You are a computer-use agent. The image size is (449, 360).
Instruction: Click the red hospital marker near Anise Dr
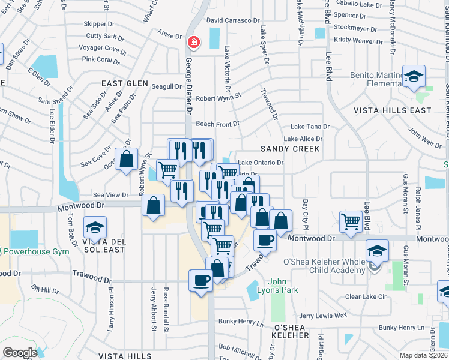tap(194, 42)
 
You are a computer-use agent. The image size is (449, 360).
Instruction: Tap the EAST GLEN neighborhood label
tap(125, 83)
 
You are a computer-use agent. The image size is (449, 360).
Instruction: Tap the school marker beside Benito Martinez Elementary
tap(414, 76)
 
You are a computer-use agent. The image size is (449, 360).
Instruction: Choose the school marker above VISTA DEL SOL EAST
tap(94, 228)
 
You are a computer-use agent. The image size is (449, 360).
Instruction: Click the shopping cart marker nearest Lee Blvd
tap(351, 221)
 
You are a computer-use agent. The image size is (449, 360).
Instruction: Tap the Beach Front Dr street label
tap(218, 124)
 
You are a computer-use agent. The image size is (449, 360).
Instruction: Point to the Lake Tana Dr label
tap(310, 127)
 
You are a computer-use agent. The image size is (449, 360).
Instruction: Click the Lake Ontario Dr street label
tap(261, 163)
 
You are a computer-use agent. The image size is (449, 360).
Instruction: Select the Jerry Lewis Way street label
tap(323, 316)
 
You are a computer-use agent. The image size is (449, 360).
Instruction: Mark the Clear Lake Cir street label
tap(369, 296)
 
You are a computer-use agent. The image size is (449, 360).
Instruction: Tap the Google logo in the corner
tap(20, 353)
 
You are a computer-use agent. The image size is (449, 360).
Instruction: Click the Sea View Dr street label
tap(111, 195)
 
